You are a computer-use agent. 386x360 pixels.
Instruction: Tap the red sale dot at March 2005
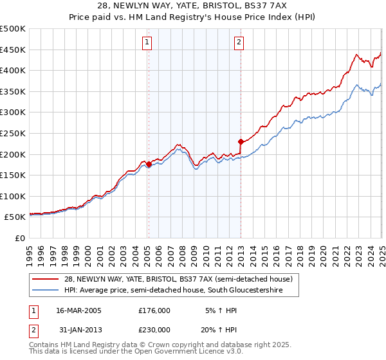click(x=149, y=164)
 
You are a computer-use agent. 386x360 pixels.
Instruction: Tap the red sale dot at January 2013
click(x=241, y=141)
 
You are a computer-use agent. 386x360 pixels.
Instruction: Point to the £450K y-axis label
click(x=13, y=50)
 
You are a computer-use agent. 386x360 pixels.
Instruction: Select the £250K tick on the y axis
click(x=13, y=134)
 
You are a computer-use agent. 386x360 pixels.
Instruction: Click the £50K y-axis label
click(x=15, y=217)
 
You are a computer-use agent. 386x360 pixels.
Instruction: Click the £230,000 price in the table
click(x=154, y=329)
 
